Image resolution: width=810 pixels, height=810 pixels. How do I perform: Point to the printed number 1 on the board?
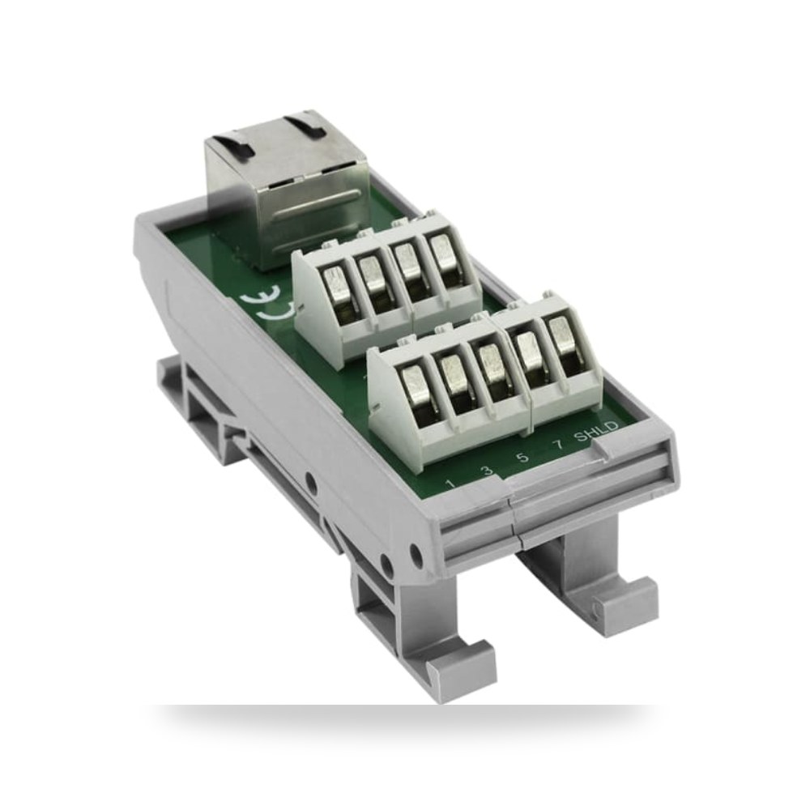(x=450, y=484)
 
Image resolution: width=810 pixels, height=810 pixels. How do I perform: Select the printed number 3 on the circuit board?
(x=485, y=471)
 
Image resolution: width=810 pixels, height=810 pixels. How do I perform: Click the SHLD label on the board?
(x=597, y=431)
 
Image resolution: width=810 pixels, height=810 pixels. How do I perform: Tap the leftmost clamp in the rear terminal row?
(x=336, y=292)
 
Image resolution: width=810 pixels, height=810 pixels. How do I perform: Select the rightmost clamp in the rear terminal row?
(x=444, y=255)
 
